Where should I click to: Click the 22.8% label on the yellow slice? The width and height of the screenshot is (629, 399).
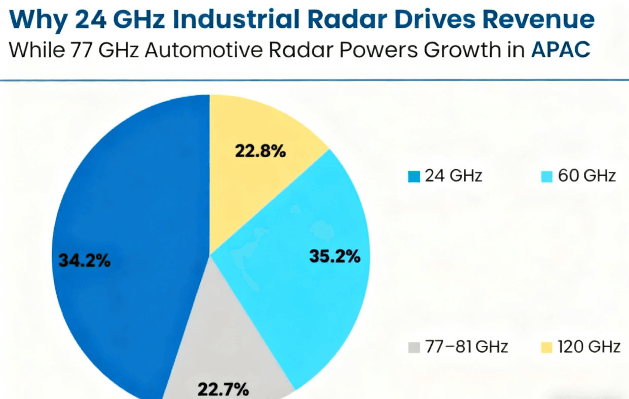tap(260, 151)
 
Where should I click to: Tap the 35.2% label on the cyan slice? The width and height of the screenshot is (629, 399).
tap(335, 257)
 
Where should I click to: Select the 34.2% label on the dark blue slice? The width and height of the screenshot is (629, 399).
tap(84, 261)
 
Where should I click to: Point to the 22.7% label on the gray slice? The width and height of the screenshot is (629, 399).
tap(223, 390)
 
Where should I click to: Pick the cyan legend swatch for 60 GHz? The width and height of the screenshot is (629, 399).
tap(546, 176)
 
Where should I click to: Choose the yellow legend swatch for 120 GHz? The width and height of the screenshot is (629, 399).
tap(546, 347)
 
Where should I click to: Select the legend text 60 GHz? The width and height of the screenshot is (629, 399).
tap(587, 176)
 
